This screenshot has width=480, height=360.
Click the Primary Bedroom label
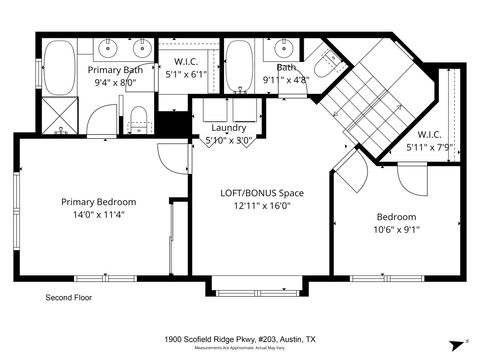point(98,201)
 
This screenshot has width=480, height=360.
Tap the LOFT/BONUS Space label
point(261,192)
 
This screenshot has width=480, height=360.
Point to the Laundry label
point(228,128)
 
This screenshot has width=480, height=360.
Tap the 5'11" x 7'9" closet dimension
point(430,147)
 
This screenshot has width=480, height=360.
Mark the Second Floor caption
point(72,298)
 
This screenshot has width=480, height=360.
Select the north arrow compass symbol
point(465,341)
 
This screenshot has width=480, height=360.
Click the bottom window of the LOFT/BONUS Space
point(250,292)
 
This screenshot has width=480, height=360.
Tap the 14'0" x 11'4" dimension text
point(98,214)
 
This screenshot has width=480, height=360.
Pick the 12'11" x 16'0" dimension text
point(261,205)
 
